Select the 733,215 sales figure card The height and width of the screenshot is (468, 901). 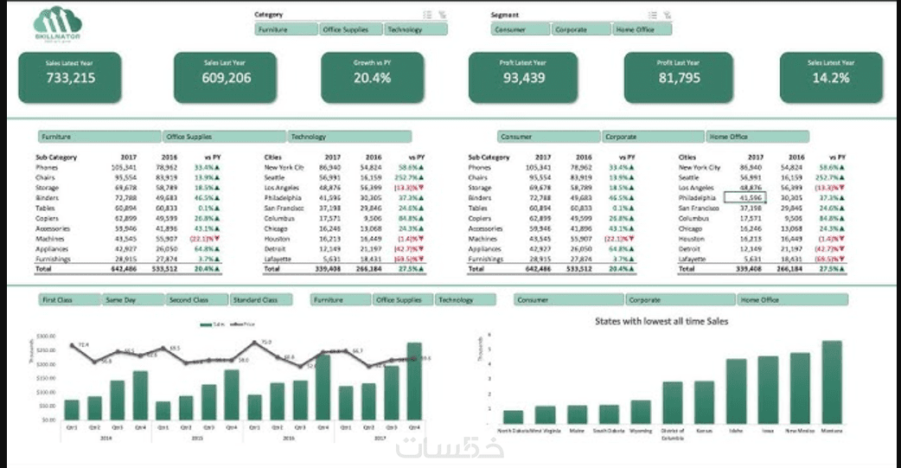(x=71, y=76)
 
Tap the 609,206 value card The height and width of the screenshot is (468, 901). (x=227, y=76)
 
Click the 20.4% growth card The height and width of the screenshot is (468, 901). (x=373, y=76)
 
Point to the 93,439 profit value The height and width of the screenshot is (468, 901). (x=523, y=78)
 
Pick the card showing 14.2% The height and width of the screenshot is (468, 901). (x=831, y=76)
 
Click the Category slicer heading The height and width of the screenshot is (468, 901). (x=269, y=15)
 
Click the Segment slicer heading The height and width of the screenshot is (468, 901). (x=504, y=15)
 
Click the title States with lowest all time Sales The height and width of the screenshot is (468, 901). (x=661, y=321)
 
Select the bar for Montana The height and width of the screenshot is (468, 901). (x=832, y=381)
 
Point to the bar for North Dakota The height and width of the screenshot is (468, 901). (x=513, y=416)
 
